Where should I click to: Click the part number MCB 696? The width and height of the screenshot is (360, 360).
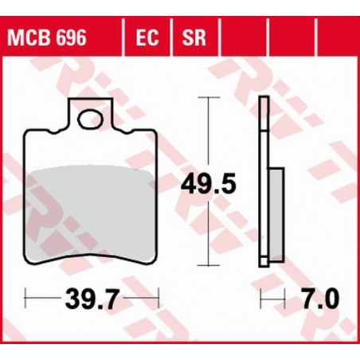point(47,37)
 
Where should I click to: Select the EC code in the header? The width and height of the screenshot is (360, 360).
point(147,37)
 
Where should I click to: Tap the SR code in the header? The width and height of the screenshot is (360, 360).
point(194,37)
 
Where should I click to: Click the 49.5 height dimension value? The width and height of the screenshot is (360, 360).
point(209,183)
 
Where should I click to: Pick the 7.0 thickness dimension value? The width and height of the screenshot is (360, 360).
point(321,299)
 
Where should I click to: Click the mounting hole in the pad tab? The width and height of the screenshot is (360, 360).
point(89,119)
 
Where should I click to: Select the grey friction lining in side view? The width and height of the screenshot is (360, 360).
point(276,214)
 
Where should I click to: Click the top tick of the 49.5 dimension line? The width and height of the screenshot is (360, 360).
point(209,98)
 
